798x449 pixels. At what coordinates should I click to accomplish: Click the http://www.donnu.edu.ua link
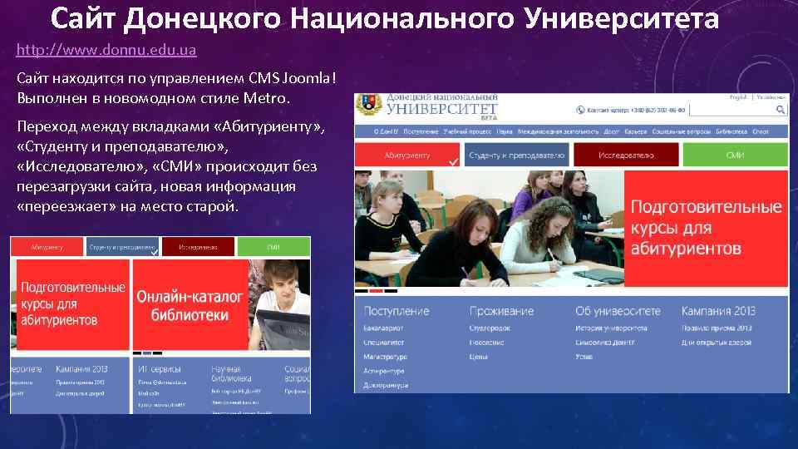[x=106, y=50]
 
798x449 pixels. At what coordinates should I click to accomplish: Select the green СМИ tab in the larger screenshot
[x=735, y=155]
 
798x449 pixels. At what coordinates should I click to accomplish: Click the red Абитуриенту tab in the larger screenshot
[x=407, y=155]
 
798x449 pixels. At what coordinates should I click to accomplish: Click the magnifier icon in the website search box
[x=781, y=109]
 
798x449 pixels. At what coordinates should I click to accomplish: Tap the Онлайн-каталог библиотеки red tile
[x=190, y=305]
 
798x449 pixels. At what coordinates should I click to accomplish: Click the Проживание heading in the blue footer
[x=501, y=311]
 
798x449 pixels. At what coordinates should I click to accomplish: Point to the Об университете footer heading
[x=618, y=311]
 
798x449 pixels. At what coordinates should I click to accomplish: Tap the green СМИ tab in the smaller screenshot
[x=273, y=247]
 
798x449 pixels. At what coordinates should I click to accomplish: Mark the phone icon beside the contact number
[x=579, y=110]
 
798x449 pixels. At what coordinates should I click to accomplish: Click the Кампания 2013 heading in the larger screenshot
[x=717, y=311]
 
